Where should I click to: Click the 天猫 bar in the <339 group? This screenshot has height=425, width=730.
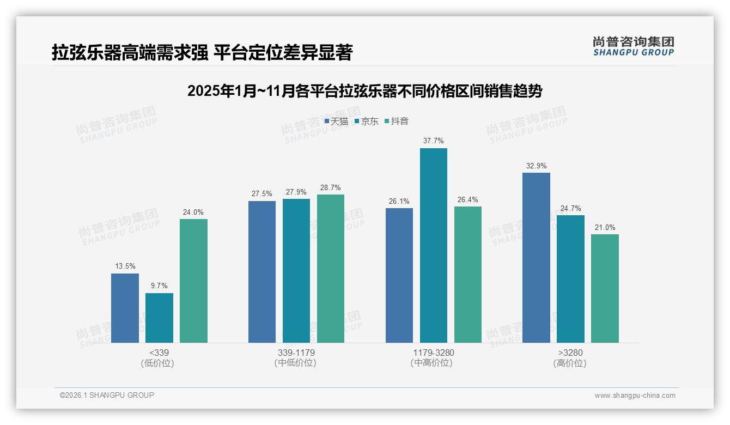[x=125, y=308]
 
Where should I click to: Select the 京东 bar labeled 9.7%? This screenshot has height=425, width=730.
[x=159, y=318]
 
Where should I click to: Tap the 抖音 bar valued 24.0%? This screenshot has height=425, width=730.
[x=193, y=281]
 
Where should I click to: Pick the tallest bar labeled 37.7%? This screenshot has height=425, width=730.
[x=433, y=245]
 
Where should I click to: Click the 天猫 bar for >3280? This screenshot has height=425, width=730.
[x=536, y=258]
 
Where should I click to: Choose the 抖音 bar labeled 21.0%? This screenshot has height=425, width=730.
[x=605, y=288]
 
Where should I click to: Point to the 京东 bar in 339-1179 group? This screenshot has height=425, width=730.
[x=296, y=271]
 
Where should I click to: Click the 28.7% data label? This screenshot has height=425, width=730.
[x=331, y=188]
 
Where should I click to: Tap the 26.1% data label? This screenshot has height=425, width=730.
[x=399, y=202]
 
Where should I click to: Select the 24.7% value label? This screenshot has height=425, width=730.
[x=570, y=209]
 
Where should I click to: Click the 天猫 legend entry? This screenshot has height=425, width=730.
[x=336, y=122]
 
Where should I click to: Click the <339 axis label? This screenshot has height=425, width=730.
[x=159, y=353]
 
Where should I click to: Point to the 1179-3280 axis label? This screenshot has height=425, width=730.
[x=433, y=353]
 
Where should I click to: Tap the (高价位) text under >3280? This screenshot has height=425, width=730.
[x=570, y=363]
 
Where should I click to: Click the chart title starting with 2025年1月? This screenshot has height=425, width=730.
[x=364, y=91]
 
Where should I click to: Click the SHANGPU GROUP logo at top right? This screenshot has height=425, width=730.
[x=633, y=46]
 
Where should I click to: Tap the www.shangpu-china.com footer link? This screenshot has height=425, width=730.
[x=635, y=396]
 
